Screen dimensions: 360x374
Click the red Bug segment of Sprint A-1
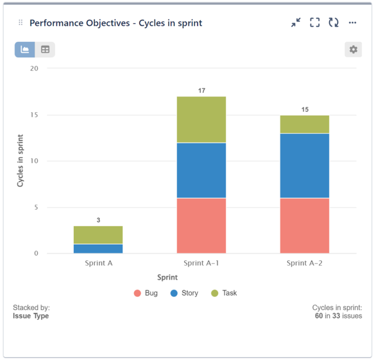[201, 225]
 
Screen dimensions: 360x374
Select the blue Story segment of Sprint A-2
[304, 165]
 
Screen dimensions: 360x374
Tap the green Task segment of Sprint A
[98, 234]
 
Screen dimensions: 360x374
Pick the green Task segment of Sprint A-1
[201, 119]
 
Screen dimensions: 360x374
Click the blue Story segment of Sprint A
[98, 249]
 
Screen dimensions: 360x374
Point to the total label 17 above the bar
[201, 90]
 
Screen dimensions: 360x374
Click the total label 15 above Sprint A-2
[304, 109]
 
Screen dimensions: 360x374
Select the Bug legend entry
[146, 293]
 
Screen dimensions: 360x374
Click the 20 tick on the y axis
[34, 69]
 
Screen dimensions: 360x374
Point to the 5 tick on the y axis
[36, 207]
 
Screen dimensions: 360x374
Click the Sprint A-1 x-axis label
[201, 263]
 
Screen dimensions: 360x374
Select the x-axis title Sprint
[167, 277]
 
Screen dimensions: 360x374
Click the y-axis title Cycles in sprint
[20, 161]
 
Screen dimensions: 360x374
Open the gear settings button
[353, 50]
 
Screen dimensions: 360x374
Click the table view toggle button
[45, 50]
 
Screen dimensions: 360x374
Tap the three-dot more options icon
[353, 23]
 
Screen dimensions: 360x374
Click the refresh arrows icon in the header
[334, 23]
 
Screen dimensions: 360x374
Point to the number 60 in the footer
[319, 316]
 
